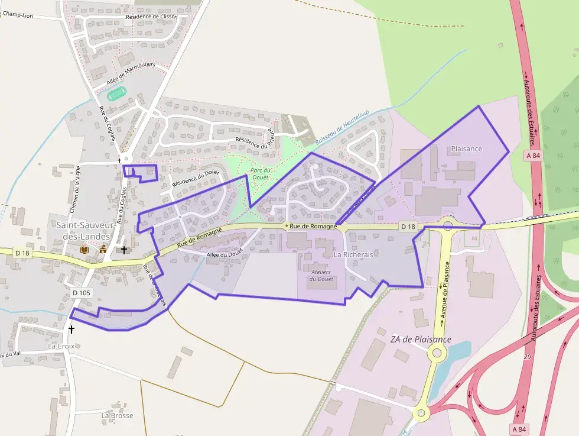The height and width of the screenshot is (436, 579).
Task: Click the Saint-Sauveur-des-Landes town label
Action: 82,230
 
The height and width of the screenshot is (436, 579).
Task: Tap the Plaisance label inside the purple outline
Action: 466,149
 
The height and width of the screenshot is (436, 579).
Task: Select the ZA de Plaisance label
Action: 421,340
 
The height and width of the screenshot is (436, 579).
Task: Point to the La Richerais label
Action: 354,254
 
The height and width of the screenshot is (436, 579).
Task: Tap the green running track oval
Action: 117,93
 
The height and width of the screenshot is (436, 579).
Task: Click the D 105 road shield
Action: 82,293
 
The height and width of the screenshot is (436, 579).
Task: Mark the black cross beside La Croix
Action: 71,329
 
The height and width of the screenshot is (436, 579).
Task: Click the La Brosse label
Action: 117,415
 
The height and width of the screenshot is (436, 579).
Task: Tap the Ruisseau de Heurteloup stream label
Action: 341,128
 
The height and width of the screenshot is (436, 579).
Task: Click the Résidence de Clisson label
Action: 151,17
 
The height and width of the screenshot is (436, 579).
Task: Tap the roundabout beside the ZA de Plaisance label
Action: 437,354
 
